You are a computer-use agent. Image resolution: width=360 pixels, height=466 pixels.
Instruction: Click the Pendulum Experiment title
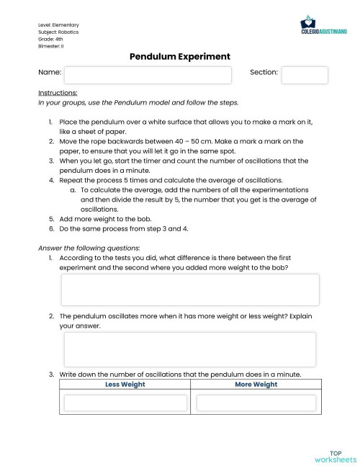pos(180,55)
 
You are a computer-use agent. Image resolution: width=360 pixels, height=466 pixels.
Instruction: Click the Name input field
pos(148,75)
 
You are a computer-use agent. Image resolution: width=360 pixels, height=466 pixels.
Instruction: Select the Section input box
pos(304,75)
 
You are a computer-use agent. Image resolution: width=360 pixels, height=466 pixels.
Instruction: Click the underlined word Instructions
pos(58,93)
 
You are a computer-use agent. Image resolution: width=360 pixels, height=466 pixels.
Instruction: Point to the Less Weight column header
pos(125,385)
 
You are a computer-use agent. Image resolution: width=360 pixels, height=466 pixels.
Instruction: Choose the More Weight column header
pos(256,385)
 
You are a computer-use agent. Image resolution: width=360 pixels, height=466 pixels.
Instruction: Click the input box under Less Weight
pos(125,403)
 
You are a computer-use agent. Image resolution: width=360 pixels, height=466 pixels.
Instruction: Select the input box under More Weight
pos(256,403)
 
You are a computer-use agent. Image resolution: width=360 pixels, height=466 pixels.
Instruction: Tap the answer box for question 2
pos(189,349)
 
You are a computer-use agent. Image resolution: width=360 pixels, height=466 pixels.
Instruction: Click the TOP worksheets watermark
pos(336,456)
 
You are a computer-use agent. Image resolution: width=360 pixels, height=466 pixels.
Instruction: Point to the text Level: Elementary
pos(58,25)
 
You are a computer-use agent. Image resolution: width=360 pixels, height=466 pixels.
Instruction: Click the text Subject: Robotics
pos(58,32)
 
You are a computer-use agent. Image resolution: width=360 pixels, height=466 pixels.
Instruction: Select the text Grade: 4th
pos(50,39)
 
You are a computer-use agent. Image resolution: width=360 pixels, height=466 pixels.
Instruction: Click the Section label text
pos(264,73)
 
